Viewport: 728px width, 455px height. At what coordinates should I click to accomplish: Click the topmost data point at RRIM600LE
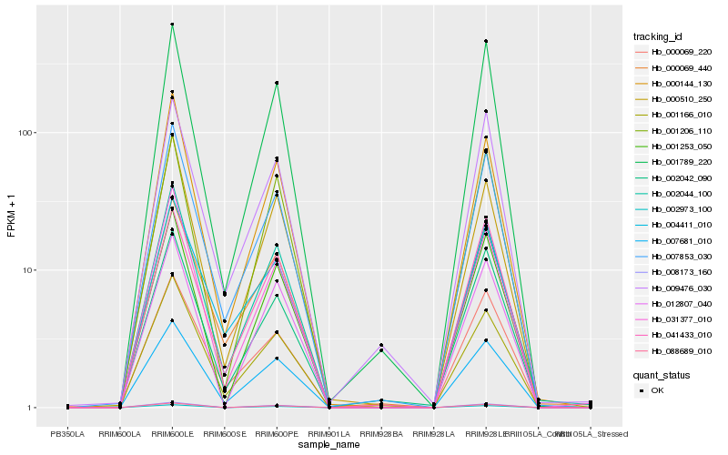pos(172,24)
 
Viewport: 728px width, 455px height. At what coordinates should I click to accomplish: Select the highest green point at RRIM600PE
pos(277,83)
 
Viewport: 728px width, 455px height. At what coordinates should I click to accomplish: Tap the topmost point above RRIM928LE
pos(486,41)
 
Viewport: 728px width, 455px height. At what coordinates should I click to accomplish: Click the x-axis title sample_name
pos(329,445)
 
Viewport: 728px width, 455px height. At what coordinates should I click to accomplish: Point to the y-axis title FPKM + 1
pos(11,216)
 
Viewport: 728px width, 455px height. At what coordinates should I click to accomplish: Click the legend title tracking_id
pos(658,36)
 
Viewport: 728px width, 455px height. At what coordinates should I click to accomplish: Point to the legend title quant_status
pos(662,375)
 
